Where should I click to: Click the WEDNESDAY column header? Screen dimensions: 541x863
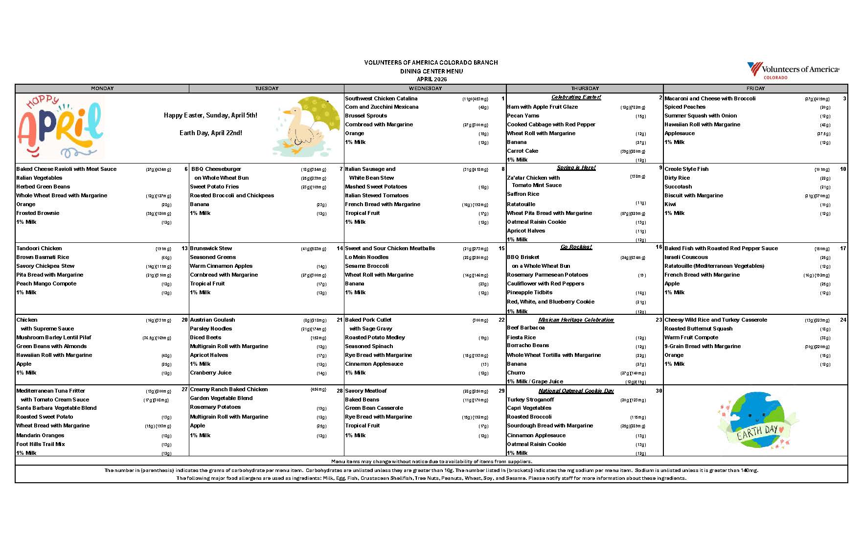[x=425, y=89]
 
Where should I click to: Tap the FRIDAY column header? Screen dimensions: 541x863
[x=755, y=89]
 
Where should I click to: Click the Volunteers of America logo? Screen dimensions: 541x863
[x=793, y=70]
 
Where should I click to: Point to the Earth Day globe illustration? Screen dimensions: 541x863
[x=756, y=421]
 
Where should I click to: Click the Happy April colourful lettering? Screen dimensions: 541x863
[x=60, y=127]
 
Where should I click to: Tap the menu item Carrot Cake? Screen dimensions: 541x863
[x=522, y=151]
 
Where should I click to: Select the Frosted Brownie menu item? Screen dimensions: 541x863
[x=38, y=213]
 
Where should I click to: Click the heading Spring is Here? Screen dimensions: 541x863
[x=576, y=167]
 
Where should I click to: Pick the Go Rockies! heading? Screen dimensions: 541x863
[x=576, y=247]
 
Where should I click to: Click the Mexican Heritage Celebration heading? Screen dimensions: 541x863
[x=576, y=320]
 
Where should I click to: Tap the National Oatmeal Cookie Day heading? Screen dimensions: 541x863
[x=576, y=391]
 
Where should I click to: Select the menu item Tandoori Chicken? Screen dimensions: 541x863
[x=39, y=248]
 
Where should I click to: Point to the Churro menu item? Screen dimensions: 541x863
[x=516, y=373]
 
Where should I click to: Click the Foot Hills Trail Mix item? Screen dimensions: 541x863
[x=40, y=444]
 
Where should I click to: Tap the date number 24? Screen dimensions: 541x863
[x=843, y=320]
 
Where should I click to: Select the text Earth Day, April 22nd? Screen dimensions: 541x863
[x=210, y=133]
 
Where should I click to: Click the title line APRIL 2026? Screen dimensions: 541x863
[x=431, y=79]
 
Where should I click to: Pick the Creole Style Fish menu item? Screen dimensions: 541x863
[x=686, y=169]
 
